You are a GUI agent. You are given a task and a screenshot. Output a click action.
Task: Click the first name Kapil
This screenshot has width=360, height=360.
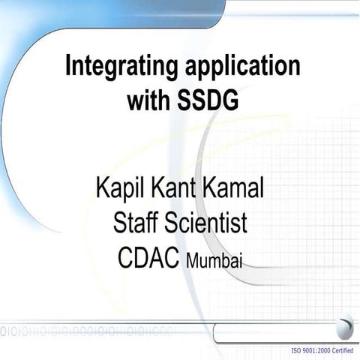click(120, 187)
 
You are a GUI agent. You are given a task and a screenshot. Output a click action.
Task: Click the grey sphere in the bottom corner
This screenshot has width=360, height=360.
click(345, 325)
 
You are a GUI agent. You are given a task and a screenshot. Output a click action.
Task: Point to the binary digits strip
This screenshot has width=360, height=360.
click(75, 330)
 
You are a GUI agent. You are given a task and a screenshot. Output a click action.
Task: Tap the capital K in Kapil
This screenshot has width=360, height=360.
click(103, 187)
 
